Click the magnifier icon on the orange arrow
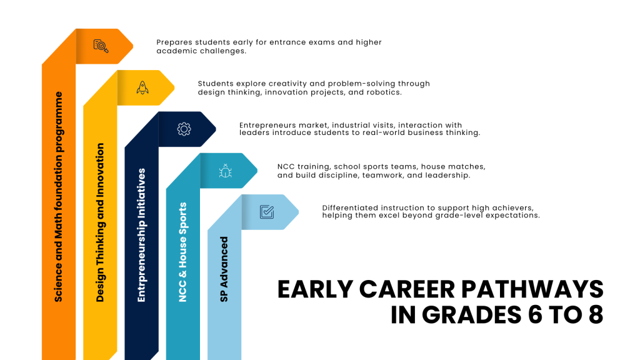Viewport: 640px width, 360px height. point(101,46)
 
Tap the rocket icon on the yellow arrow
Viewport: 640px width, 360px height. point(142,87)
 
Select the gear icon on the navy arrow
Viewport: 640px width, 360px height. point(184,129)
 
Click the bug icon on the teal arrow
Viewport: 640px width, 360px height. point(225,171)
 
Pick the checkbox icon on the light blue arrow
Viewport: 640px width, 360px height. point(267,212)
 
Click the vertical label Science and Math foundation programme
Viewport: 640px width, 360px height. point(58,197)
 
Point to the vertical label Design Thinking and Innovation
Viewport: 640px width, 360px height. point(100,222)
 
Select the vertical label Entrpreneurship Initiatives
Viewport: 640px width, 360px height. point(142,235)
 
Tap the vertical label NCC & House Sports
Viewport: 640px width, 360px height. point(183,252)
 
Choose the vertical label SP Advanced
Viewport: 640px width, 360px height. point(224,269)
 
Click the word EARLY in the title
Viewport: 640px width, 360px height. point(315,289)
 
